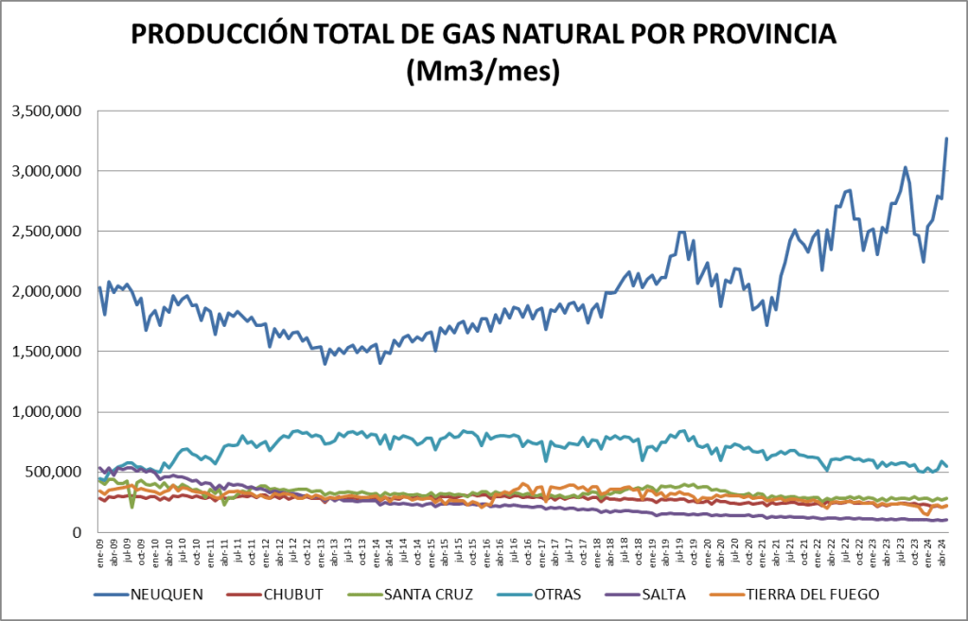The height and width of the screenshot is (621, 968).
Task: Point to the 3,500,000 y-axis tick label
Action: pos(46,111)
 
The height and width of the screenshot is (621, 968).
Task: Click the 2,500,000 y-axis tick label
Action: pos(46,232)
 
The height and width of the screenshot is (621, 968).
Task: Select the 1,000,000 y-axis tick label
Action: pos(46,412)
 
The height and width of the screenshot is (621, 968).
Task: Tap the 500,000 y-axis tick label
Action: pos(52,472)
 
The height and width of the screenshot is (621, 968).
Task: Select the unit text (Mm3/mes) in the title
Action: pos(483,70)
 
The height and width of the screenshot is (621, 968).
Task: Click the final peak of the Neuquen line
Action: pos(946,139)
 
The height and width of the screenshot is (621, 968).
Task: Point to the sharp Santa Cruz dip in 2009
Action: pos(132,507)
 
